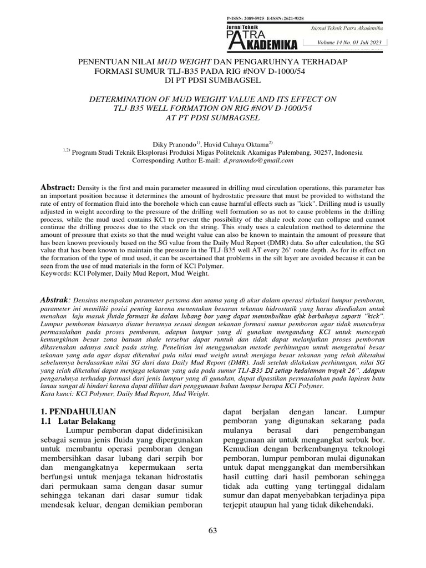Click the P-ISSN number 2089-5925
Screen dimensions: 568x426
[253, 18]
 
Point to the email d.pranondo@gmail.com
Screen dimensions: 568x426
[258, 160]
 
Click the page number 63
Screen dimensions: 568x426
[212, 532]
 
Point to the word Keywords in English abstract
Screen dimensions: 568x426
[57, 273]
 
